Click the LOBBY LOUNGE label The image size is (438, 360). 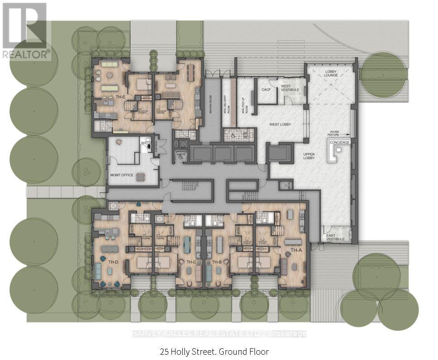(331, 74)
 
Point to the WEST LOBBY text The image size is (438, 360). (280, 124)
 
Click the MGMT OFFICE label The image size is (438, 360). (121, 175)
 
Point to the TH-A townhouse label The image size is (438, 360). (296, 250)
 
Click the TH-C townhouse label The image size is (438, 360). (192, 261)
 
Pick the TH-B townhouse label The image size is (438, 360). (217, 261)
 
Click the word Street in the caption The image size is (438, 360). (204, 352)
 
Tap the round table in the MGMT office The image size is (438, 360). (141, 176)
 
